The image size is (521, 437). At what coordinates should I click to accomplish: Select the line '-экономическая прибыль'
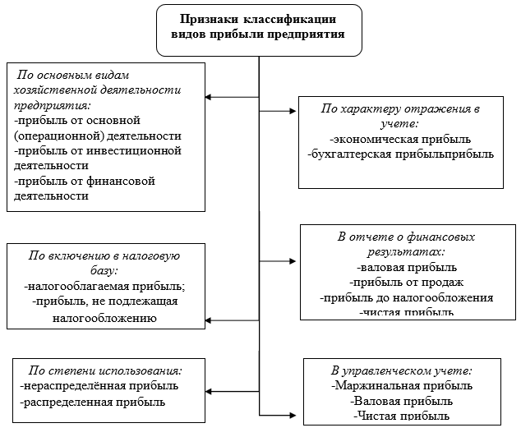coord(401,139)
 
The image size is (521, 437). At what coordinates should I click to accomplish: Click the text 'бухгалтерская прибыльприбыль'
coord(401,154)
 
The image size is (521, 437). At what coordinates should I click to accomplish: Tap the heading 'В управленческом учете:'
coord(402,370)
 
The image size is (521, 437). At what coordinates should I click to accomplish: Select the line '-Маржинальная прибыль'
coord(402,385)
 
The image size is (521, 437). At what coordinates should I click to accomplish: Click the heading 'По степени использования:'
coord(105,370)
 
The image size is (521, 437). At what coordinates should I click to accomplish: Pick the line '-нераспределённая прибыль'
coord(99,385)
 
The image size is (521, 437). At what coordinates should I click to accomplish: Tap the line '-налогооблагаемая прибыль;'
coord(105,287)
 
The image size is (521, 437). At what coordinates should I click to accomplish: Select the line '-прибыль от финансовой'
coord(85,181)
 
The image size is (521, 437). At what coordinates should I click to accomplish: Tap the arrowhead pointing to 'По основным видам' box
coord(209,97)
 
